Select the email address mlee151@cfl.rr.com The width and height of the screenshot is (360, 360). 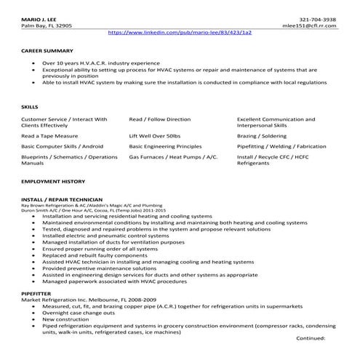coord(313,25)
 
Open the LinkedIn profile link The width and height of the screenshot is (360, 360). coord(180,33)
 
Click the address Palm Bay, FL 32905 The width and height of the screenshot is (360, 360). coord(47,25)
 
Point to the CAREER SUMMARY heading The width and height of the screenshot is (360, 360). coord(47,51)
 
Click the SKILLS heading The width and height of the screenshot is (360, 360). coord(30,106)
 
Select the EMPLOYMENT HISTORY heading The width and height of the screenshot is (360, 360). coord(53,180)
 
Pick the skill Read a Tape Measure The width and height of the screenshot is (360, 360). coord(48,135)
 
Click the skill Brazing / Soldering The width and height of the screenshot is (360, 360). coord(262,135)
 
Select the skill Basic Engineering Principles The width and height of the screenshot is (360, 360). coord(166,145)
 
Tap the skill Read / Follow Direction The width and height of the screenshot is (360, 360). coord(160,119)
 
